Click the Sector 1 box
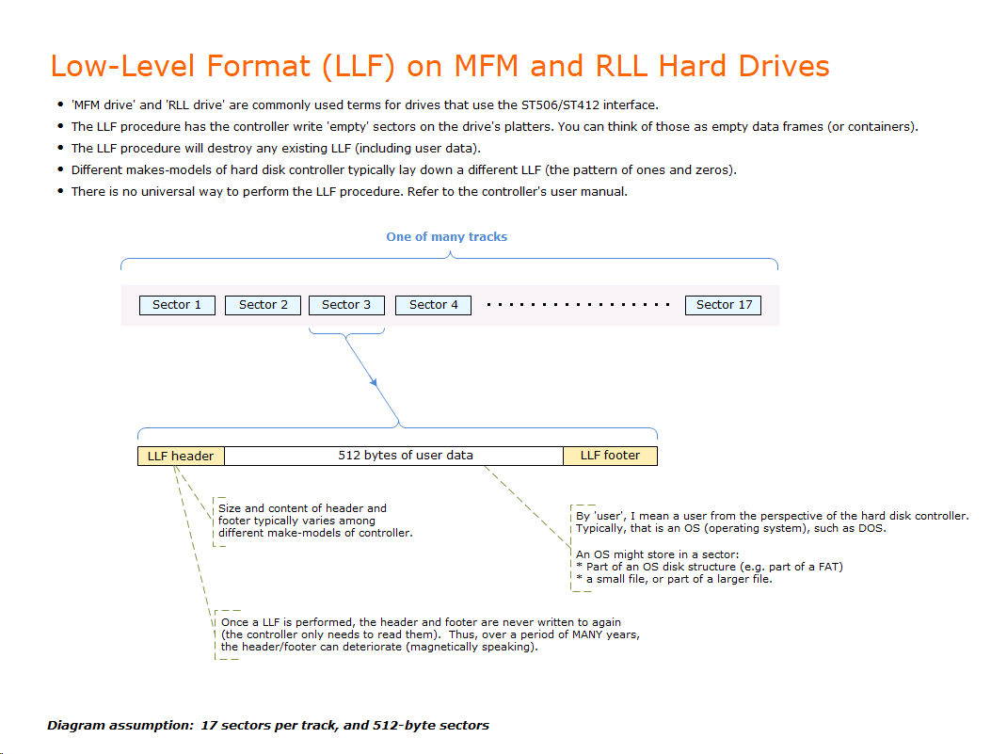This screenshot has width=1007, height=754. click(177, 305)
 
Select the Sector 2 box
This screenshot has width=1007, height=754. click(263, 305)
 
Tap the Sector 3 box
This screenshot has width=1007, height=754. click(346, 305)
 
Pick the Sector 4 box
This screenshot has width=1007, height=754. click(433, 305)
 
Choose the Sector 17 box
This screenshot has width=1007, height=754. click(724, 305)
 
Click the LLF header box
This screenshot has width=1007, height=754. click(181, 456)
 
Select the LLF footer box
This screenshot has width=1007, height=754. click(610, 456)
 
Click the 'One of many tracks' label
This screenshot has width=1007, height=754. click(446, 237)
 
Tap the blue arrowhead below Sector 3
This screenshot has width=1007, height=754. click(374, 383)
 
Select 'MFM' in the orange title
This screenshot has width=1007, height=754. click(487, 66)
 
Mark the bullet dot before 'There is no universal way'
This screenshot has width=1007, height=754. click(60, 192)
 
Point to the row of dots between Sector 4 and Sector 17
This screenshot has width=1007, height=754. click(578, 305)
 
